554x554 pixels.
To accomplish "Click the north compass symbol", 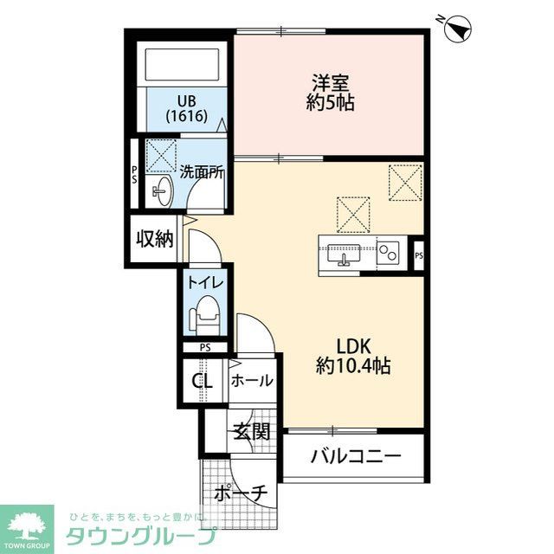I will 456,30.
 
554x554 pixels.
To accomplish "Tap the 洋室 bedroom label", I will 331,83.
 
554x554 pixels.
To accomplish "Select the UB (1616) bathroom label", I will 187,108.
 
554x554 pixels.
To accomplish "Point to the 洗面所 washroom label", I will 202,171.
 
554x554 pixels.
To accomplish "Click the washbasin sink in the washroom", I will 161,191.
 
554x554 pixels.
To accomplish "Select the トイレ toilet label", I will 205,281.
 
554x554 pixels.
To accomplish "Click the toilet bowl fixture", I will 206,318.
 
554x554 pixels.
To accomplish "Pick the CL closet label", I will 203,380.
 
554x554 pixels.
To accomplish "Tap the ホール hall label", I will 253,380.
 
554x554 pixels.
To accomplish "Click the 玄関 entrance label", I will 251,431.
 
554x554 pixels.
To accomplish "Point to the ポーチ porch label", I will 241,493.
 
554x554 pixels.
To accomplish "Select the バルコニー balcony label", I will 356,455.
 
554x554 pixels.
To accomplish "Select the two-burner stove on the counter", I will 389,254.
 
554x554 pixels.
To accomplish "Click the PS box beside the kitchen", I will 419,254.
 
